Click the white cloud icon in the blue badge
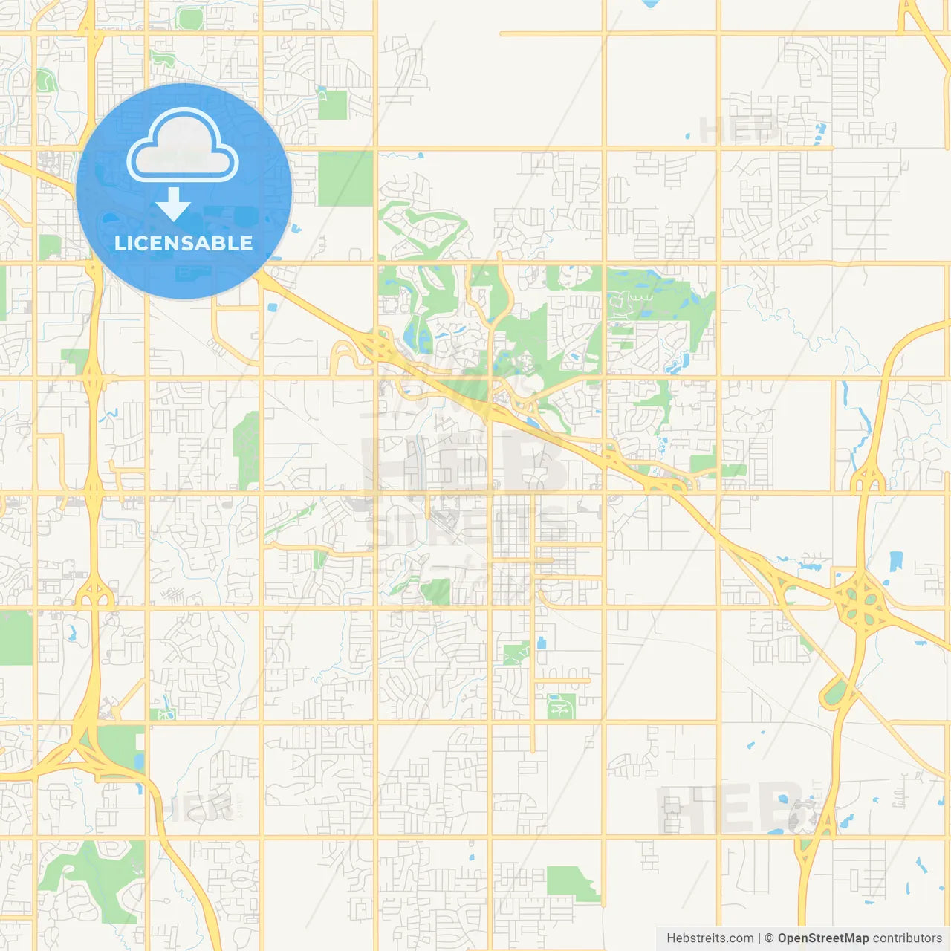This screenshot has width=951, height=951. (183, 146)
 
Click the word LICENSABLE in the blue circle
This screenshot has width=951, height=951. (184, 243)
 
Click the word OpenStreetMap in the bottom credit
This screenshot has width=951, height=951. (823, 938)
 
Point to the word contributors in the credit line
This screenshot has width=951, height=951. (907, 938)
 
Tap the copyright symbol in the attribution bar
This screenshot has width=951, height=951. (769, 938)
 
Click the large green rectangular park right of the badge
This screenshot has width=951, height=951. (345, 178)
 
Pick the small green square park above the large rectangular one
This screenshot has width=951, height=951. (333, 104)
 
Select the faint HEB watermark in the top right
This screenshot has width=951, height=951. (739, 130)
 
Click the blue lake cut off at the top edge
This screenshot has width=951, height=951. (651, 3)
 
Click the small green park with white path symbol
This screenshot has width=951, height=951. (562, 707)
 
